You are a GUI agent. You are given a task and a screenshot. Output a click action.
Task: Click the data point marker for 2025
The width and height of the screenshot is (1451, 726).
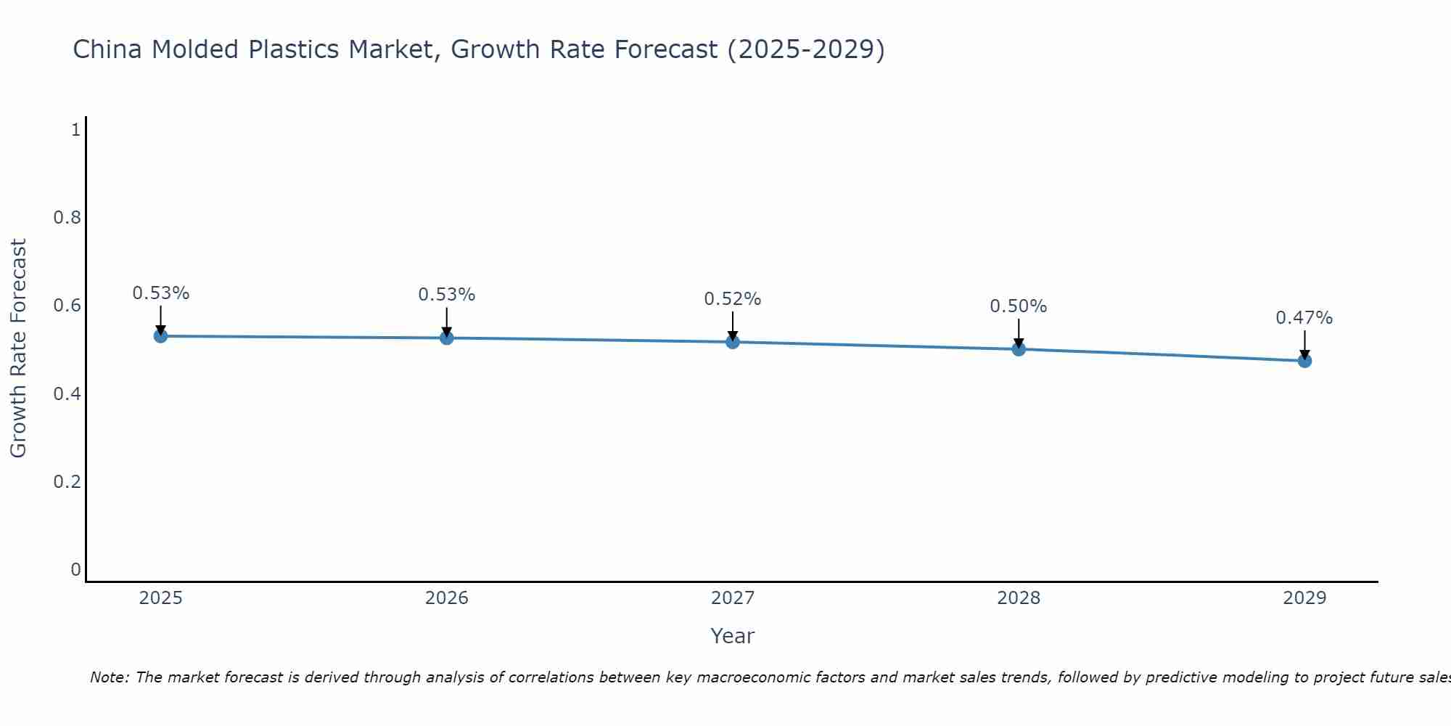(160, 336)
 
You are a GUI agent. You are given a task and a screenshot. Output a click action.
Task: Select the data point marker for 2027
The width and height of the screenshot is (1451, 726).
(733, 342)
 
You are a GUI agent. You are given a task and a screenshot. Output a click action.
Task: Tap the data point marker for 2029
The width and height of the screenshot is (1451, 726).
(1304, 361)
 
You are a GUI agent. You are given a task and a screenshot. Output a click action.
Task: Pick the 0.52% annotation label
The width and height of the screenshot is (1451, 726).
(733, 299)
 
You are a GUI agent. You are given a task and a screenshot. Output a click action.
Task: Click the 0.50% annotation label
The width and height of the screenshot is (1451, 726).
(1019, 306)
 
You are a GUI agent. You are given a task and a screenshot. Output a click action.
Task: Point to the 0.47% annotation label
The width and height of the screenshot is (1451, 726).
(1304, 318)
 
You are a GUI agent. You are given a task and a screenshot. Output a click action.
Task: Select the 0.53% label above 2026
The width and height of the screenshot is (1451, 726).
(446, 295)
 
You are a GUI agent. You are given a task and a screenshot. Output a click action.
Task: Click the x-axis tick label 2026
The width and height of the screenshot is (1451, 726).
(446, 598)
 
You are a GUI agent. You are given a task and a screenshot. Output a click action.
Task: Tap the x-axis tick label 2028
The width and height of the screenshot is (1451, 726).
(1019, 598)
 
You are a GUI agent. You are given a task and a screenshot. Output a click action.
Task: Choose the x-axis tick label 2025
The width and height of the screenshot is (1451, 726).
(160, 598)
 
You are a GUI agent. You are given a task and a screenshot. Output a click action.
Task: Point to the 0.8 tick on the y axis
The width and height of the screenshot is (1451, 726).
(67, 218)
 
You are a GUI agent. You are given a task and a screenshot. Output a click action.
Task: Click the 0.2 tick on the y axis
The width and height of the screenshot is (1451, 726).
(67, 482)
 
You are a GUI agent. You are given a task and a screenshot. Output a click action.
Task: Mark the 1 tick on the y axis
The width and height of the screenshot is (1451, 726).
(75, 130)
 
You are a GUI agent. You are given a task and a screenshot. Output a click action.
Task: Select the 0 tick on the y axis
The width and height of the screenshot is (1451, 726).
(75, 570)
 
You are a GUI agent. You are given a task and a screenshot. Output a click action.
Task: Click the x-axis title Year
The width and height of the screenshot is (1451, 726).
(733, 636)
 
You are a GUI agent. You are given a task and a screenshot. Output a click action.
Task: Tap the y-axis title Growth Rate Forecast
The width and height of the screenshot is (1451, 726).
(19, 348)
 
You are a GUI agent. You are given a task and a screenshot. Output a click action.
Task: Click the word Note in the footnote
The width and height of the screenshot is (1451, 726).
(109, 677)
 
